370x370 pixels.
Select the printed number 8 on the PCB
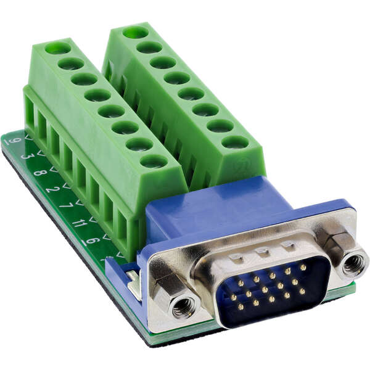coord(40,173)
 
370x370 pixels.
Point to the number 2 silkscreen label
coord(53,189)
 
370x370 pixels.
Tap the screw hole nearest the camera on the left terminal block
coord(154,162)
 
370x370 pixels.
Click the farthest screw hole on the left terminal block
coord(57,47)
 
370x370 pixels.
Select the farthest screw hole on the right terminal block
coord(135,32)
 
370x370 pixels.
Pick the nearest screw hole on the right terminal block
coord(234,142)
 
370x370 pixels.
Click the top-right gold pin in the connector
coord(303,268)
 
